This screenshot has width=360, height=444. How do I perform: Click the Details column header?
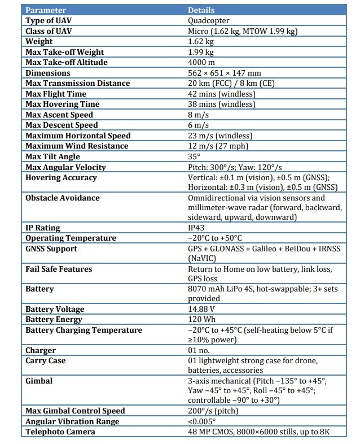(201, 10)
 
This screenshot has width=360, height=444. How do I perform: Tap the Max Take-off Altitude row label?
(67, 62)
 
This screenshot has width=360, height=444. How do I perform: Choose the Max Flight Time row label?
(56, 94)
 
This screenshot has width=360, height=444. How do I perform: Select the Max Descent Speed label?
(62, 125)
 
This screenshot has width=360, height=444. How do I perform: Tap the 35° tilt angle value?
(194, 156)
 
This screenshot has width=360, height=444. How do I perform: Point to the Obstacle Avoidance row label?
(63, 198)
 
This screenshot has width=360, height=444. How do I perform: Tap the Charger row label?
(41, 351)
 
